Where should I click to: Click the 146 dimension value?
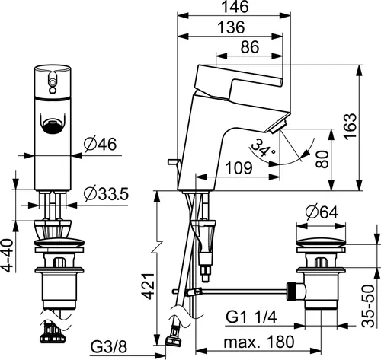235,7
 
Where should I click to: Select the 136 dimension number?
232,27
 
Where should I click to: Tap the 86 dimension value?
250,47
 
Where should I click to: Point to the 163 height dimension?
351,126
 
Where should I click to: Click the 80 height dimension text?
322,160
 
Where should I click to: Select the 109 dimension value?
239,167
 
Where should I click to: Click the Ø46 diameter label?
101,145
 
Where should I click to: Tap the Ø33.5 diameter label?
106,194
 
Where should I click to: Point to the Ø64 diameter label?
322,212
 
